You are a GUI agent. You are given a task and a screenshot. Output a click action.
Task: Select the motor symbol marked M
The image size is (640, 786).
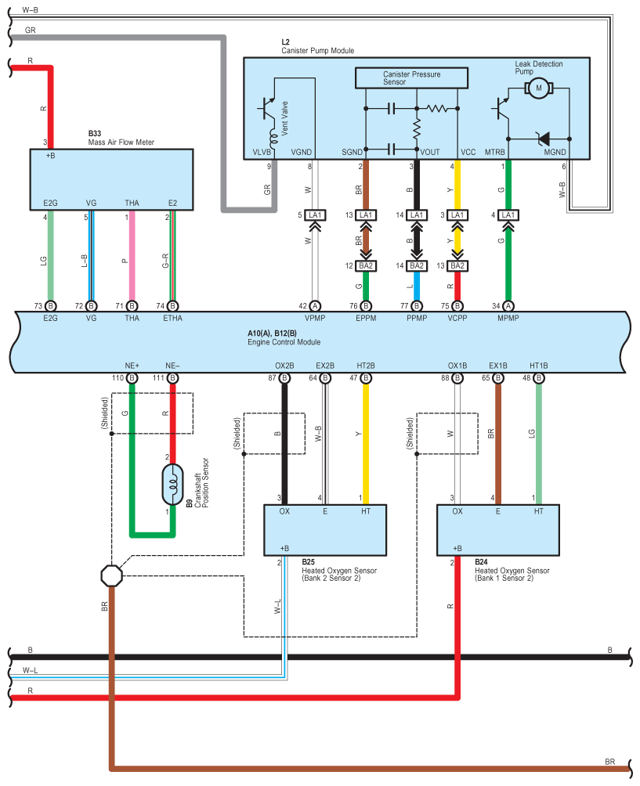[x=538, y=88]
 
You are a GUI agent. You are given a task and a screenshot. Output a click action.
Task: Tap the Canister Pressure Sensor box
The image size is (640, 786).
[x=411, y=78]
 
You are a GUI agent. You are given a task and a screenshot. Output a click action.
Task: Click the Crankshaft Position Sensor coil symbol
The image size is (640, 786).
[x=173, y=485]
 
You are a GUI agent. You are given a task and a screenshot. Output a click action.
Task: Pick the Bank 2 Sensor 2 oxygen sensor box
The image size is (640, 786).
[x=327, y=530]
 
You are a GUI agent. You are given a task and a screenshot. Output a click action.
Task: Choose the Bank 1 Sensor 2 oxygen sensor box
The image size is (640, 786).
[x=497, y=530]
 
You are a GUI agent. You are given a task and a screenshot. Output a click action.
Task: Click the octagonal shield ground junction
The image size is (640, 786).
[x=112, y=576]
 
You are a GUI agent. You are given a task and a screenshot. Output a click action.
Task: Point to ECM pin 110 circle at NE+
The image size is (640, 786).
[x=132, y=378]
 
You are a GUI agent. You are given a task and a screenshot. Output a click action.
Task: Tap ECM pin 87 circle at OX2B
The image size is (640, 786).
[x=284, y=378]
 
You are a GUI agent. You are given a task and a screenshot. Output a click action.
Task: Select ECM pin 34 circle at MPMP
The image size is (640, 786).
[x=508, y=305]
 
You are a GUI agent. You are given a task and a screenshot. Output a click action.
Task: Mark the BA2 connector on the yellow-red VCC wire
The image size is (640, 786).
[x=457, y=265]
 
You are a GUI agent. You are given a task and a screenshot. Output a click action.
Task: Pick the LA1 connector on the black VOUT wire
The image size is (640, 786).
[x=417, y=215]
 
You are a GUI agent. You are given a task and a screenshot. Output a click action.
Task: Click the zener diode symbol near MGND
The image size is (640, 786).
[x=541, y=139]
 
